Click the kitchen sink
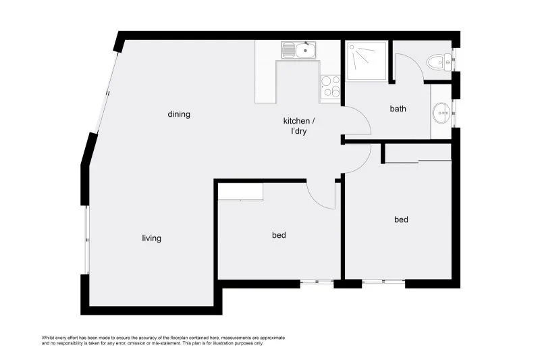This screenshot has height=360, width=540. [299, 49]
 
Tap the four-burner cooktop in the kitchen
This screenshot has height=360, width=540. [330, 86]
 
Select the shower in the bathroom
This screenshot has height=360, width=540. [367, 61]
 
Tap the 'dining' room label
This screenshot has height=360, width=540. [179, 114]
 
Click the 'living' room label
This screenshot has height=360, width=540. [151, 238]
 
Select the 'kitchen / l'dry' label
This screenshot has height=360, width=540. [298, 126]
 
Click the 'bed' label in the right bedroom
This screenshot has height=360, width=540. [401, 220]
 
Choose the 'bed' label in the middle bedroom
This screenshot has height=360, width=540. [279, 235]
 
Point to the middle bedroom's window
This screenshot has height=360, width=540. [317, 282]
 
